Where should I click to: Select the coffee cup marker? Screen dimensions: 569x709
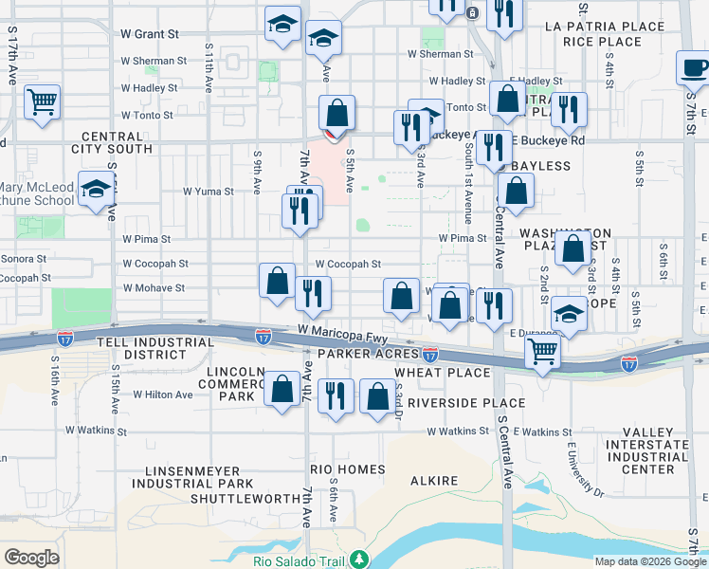[694, 68]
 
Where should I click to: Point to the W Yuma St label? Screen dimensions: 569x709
[208, 192]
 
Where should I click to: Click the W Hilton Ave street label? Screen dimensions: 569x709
[163, 394]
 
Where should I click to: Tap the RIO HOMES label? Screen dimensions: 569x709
[347, 469]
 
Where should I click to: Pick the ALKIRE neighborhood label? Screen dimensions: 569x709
[434, 481]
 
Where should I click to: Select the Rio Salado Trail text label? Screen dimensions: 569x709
[299, 560]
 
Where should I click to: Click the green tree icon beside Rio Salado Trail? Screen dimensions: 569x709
[357, 559]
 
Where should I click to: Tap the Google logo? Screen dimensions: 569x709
[31, 558]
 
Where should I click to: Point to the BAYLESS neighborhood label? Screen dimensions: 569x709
[540, 166]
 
